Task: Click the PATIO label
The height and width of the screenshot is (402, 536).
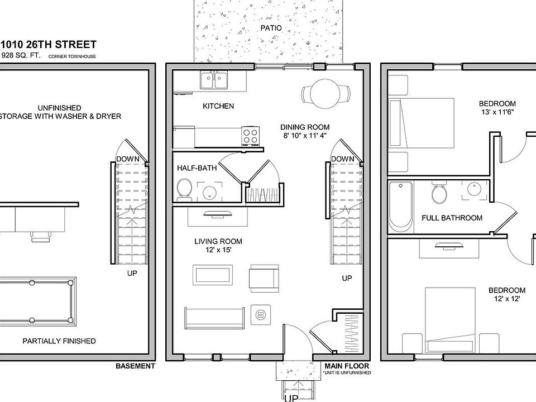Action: point(271,28)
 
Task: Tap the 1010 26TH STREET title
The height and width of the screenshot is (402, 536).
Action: point(48,45)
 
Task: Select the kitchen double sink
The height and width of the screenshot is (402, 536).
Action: point(214,80)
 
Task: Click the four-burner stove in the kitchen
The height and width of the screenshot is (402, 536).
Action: point(250,135)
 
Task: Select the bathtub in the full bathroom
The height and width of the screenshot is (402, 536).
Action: point(401,207)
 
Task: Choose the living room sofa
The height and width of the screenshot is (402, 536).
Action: point(214,318)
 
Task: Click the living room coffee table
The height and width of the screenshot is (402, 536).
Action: point(213,275)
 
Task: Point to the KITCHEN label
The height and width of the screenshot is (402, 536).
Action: point(218,106)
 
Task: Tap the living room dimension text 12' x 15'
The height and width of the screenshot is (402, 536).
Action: point(218,250)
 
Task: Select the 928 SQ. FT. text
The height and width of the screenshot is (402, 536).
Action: point(21,55)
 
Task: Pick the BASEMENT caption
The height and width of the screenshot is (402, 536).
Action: point(135,366)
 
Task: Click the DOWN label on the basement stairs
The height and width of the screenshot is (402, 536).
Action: point(128,159)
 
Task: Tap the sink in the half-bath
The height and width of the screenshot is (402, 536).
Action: point(209,193)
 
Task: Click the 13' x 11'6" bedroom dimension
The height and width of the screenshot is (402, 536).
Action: point(497,112)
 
